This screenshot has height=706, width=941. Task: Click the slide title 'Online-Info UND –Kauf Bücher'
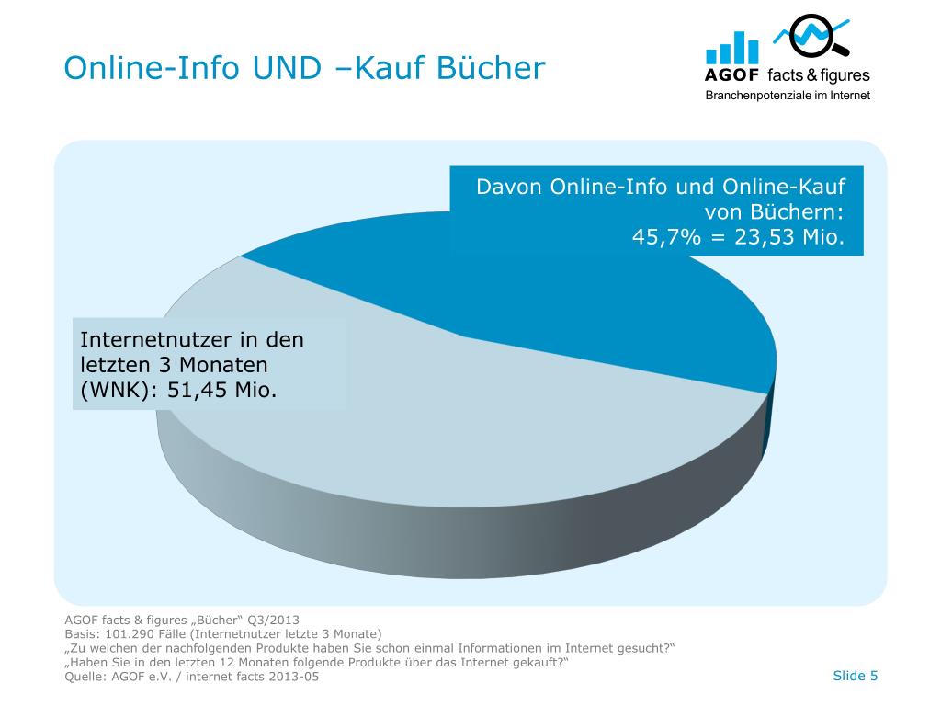pos(304,67)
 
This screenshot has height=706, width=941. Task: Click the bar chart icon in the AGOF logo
pos(732,48)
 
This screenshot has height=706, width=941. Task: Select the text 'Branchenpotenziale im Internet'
pos(787,96)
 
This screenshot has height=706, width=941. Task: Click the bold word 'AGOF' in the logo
pos(732,76)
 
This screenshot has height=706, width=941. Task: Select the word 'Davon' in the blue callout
pos(508,187)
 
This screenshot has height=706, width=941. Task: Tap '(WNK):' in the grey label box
pos(116,390)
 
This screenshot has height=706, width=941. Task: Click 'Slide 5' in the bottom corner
pos(855,676)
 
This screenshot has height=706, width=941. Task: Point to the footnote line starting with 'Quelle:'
pos(193,678)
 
